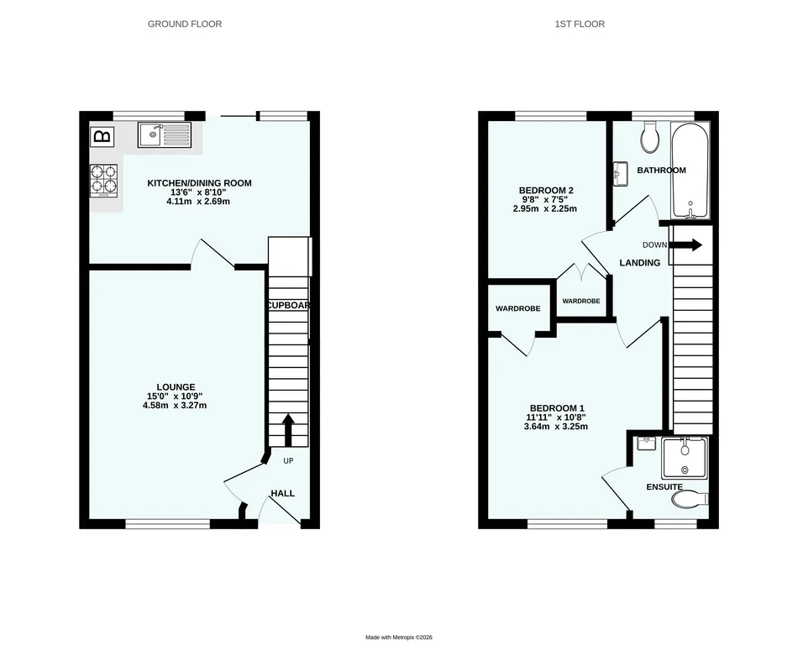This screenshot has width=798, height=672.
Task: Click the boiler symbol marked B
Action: [x=102, y=136]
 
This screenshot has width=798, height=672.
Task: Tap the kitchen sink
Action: [x=165, y=135]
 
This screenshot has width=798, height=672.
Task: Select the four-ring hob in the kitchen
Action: [x=104, y=181]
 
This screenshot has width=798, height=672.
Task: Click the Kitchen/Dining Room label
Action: [x=200, y=183]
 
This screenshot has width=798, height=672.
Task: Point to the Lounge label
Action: [x=176, y=387]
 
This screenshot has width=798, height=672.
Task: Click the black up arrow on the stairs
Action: [x=288, y=430]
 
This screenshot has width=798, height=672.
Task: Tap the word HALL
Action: [x=282, y=493]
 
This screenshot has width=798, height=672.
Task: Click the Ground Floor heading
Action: [x=185, y=24]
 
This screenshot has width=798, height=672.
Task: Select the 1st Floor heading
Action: [x=580, y=24]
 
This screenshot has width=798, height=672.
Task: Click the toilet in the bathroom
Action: [x=650, y=137]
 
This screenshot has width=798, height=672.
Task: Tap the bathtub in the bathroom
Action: [x=690, y=171]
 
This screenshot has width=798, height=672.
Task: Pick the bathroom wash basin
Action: [x=620, y=174]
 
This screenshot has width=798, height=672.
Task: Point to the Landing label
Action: [x=640, y=263]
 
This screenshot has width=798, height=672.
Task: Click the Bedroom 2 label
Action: [x=545, y=191]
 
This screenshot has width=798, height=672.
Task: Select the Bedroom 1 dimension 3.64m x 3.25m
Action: [x=556, y=427]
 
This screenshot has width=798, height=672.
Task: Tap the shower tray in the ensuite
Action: [x=685, y=458]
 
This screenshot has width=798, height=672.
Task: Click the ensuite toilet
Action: [x=690, y=499]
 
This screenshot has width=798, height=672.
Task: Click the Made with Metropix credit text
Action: [x=399, y=638]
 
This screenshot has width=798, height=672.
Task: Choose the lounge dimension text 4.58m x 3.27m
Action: [x=175, y=405]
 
